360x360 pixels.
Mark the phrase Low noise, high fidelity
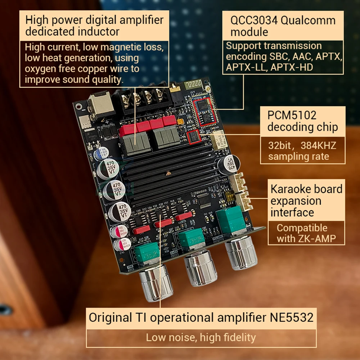201,337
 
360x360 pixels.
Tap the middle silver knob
200,268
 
